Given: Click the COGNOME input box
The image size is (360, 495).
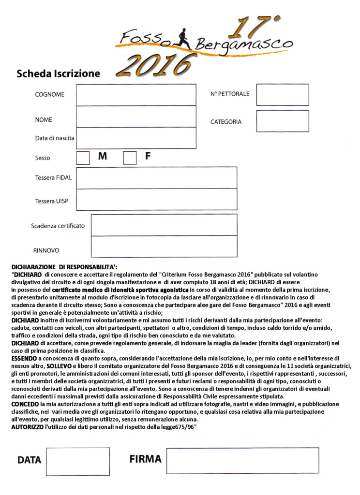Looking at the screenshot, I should coord(136,95).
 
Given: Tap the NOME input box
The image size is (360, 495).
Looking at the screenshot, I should coord(136,116).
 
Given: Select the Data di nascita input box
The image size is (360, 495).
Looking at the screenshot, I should coord(136,138).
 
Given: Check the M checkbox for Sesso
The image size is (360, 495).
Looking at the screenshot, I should coord(83,158).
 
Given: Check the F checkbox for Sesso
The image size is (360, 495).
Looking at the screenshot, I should coord(130,158).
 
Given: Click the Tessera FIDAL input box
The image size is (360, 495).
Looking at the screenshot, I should coord(157,177).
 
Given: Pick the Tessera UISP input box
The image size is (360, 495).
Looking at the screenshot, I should coord(157,200).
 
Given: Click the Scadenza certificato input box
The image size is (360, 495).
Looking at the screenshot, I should coord(164,225).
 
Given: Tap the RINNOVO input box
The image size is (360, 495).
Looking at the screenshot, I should coord(164,247).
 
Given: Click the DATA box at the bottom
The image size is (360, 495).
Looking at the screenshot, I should coord(71,461).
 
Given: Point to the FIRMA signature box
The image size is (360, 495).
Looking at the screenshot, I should coord(242,460).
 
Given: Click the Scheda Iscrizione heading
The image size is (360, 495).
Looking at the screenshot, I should coord(58,74).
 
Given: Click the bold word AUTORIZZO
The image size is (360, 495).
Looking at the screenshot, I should coord(28,427).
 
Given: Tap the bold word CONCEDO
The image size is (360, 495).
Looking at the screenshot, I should coord(26,404).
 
